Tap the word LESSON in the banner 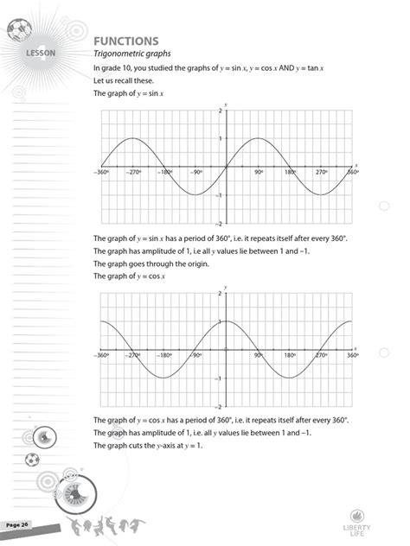click(x=40, y=54)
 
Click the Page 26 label click(x=17, y=524)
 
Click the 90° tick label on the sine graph click(x=258, y=173)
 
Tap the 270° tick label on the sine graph click(x=320, y=173)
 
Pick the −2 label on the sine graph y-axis click(x=221, y=223)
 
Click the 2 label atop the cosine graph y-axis click(x=221, y=294)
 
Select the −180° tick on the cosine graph click(x=163, y=355)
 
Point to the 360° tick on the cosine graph click(x=352, y=355)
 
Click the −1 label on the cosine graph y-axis click(x=221, y=378)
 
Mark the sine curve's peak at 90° click(x=258, y=138)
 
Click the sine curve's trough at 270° click(x=321, y=194)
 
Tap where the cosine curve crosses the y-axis click(x=227, y=321)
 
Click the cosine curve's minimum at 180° click(x=290, y=378)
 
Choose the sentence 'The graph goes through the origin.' click(x=148, y=263)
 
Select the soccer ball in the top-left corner click(x=16, y=32)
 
